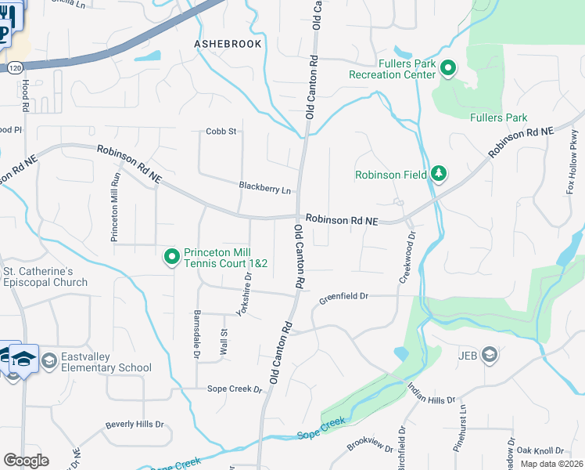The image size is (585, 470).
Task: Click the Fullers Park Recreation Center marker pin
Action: tap(448, 68)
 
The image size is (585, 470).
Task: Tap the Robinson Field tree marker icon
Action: tap(439, 173)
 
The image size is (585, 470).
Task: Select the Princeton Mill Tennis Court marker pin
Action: tap(171, 257)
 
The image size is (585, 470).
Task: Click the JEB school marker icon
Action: tap(489, 355)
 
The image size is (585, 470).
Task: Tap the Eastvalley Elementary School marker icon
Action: tap(49, 360)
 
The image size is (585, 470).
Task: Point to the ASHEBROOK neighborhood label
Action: tap(228, 44)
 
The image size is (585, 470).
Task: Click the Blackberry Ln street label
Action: tap(264, 188)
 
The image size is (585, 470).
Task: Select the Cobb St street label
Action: tap(221, 132)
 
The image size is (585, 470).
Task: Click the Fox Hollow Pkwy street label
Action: tap(572, 168)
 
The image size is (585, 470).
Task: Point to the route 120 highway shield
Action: tap(13, 68)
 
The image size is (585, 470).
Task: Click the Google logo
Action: tap(26, 460)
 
